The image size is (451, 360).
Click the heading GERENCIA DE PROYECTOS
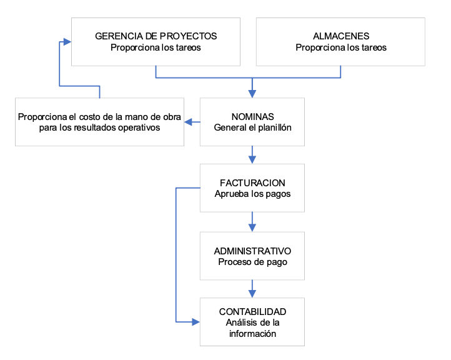[156, 36]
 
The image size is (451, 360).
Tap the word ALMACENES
[341, 36]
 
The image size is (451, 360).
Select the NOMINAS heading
[252, 116]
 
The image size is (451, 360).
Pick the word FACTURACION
[252, 182]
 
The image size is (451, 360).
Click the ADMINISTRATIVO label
[252, 251]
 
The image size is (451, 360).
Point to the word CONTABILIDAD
[252, 312]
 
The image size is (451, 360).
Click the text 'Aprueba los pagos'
[252, 194]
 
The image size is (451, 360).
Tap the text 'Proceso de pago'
[252, 262]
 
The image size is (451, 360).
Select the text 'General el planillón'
[252, 127]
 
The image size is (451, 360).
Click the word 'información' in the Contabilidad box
[252, 334]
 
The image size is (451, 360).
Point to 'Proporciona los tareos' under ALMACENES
[341, 47]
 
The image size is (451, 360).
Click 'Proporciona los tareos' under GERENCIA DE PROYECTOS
[156, 47]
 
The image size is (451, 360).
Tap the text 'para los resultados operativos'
[99, 127]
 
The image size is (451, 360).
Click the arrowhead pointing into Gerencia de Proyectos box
[67, 42]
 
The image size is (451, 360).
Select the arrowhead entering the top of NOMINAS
[252, 94]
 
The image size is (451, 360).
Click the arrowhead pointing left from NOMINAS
[188, 122]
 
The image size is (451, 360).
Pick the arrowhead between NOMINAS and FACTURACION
[252, 160]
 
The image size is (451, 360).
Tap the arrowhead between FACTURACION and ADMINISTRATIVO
[252, 228]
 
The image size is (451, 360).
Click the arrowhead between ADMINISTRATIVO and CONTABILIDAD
[252, 294]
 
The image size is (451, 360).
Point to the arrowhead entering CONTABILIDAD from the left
[196, 322]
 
